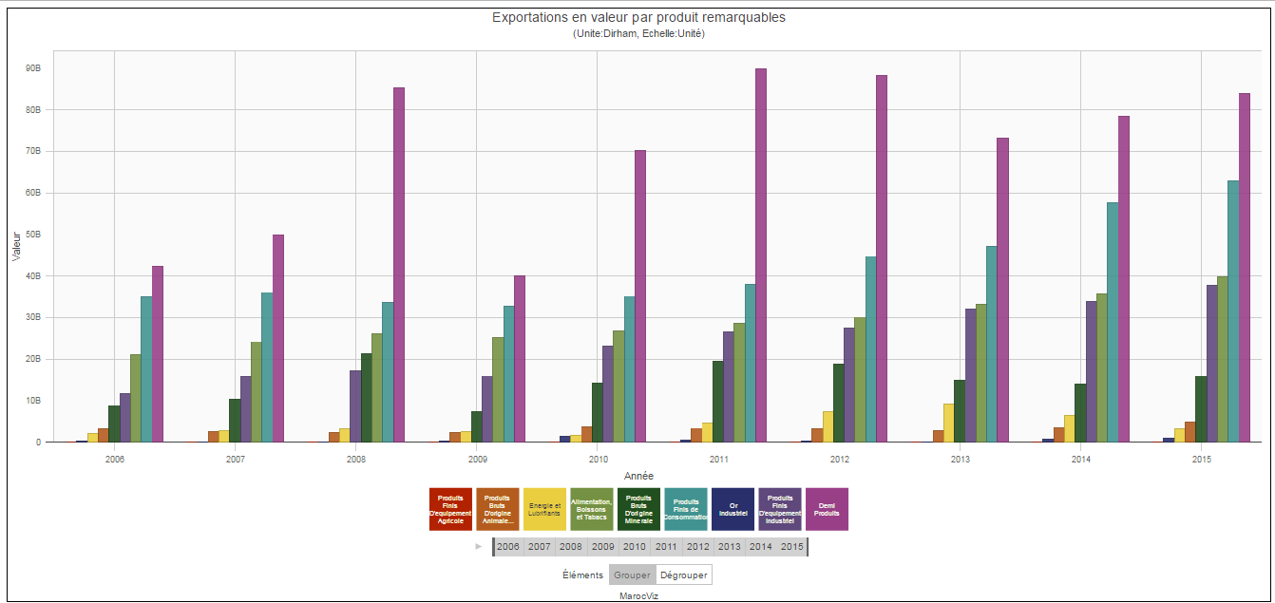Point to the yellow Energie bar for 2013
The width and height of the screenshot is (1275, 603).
click(x=948, y=423)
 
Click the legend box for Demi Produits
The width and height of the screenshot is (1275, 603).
click(x=827, y=509)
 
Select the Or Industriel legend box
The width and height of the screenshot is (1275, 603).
click(x=733, y=509)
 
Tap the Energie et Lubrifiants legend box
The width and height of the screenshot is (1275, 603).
click(x=544, y=509)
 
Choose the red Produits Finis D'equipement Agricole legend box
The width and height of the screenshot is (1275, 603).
click(x=450, y=509)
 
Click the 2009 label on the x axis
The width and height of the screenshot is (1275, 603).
click(x=477, y=460)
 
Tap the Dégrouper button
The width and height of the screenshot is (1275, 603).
click(x=683, y=575)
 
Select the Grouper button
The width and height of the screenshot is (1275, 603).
click(x=632, y=575)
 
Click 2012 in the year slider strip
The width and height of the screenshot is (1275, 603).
click(x=697, y=547)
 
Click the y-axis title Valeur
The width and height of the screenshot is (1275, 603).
click(x=16, y=246)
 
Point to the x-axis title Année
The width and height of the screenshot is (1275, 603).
click(x=638, y=476)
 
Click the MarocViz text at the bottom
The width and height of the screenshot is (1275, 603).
click(x=638, y=595)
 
